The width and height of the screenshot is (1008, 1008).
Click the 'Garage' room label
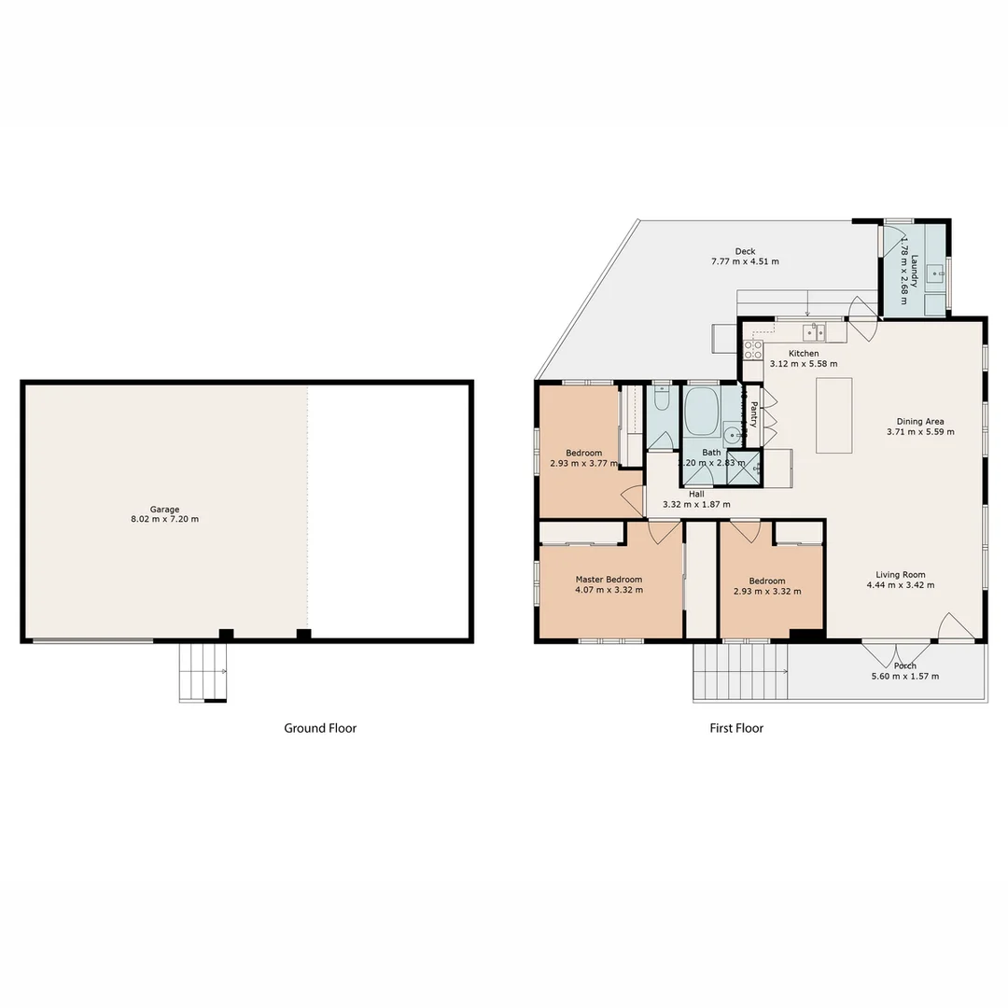[x=164, y=510]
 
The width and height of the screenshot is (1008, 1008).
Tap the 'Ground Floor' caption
[x=320, y=728]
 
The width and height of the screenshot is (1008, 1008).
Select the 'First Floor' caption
[x=735, y=728]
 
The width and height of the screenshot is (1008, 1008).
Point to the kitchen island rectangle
[x=833, y=415]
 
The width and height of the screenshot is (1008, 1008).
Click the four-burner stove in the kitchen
[x=752, y=350]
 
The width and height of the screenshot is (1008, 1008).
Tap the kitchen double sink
[x=814, y=331]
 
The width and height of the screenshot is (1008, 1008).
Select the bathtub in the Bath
[x=701, y=412]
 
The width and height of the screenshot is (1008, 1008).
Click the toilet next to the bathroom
[x=662, y=400]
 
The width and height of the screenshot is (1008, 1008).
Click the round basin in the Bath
[x=732, y=435]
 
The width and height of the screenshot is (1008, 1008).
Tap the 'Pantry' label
[x=753, y=414]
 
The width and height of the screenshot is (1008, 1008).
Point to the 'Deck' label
[x=745, y=251]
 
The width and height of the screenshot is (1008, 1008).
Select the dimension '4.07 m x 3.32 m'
[x=609, y=591]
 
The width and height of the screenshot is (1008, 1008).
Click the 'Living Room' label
[x=900, y=575]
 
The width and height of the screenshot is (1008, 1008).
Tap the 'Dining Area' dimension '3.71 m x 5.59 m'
[x=919, y=432]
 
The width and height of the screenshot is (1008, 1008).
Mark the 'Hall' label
[x=696, y=494]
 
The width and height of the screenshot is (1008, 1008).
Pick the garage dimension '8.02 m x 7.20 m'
[x=164, y=520]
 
